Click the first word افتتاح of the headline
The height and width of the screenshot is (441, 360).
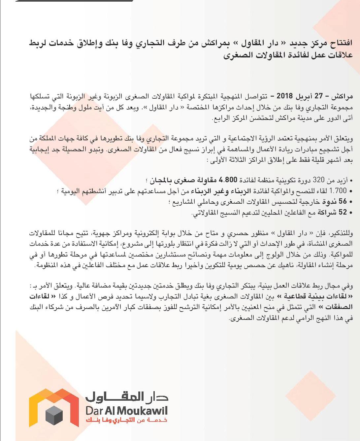tap(340, 43)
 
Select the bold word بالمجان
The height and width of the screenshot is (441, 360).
tap(160, 180)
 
